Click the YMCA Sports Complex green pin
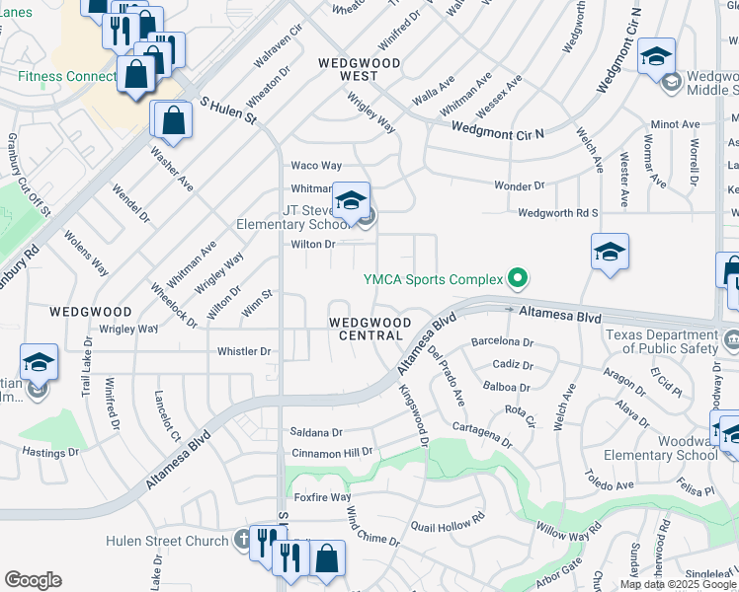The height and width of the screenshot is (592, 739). coord(514,277)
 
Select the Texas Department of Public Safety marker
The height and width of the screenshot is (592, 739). coord(732,341)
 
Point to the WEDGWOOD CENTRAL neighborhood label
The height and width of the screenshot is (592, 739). coord(366,329)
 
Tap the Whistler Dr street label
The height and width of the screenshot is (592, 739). coord(244,351)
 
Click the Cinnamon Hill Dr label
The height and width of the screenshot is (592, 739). coord(332,453)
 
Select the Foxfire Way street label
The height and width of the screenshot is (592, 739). coord(321,497)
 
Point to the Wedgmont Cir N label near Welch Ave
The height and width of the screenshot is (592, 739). coord(498,129)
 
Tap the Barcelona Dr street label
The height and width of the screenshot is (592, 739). coord(502,343)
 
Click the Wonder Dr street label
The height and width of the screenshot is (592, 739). coord(519,185)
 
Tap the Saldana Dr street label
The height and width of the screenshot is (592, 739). coord(316,432)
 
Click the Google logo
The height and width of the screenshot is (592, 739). coord(33,581)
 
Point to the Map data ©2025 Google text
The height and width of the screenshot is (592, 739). coord(677,584)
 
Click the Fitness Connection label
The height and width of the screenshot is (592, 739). coord(67,76)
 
